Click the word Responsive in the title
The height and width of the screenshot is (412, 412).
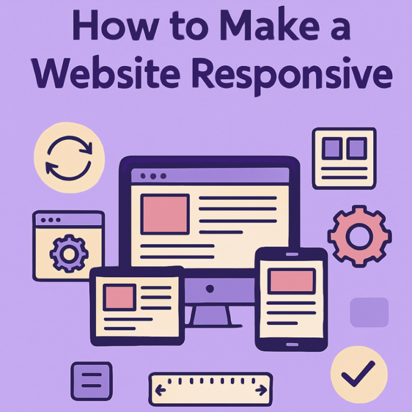point(292,73)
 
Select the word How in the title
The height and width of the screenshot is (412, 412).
point(115,25)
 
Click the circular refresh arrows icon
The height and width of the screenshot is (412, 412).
point(69,158)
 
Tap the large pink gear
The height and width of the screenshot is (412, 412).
point(359,236)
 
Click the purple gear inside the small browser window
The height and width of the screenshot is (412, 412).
point(69,253)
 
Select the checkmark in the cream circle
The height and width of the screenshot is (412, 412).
point(358,373)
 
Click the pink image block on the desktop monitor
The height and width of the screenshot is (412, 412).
point(165,214)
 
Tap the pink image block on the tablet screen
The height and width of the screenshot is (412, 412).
point(292,281)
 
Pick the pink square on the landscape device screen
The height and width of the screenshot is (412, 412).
point(120,297)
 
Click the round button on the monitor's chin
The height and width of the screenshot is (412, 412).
point(210,289)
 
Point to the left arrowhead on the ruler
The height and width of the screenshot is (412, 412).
point(158,390)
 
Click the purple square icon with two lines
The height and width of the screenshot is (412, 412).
point(91,381)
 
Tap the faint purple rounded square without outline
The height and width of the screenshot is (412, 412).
point(369,312)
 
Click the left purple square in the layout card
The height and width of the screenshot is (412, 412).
point(332,148)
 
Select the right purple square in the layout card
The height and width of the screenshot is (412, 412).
point(357,148)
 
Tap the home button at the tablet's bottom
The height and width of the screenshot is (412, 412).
point(292,344)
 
